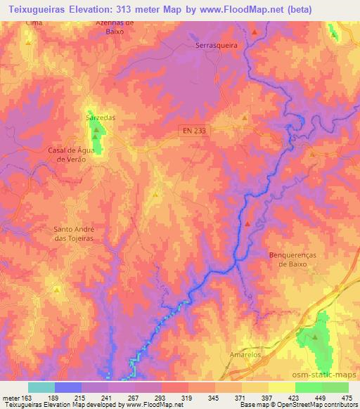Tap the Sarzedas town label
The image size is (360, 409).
(100, 117)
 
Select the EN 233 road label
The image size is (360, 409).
(192, 130)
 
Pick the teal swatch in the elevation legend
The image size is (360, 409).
(41, 387)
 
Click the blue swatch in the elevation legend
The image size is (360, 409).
(68, 387)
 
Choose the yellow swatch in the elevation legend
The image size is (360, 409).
(281, 387)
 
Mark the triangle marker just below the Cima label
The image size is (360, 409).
(28, 42)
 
